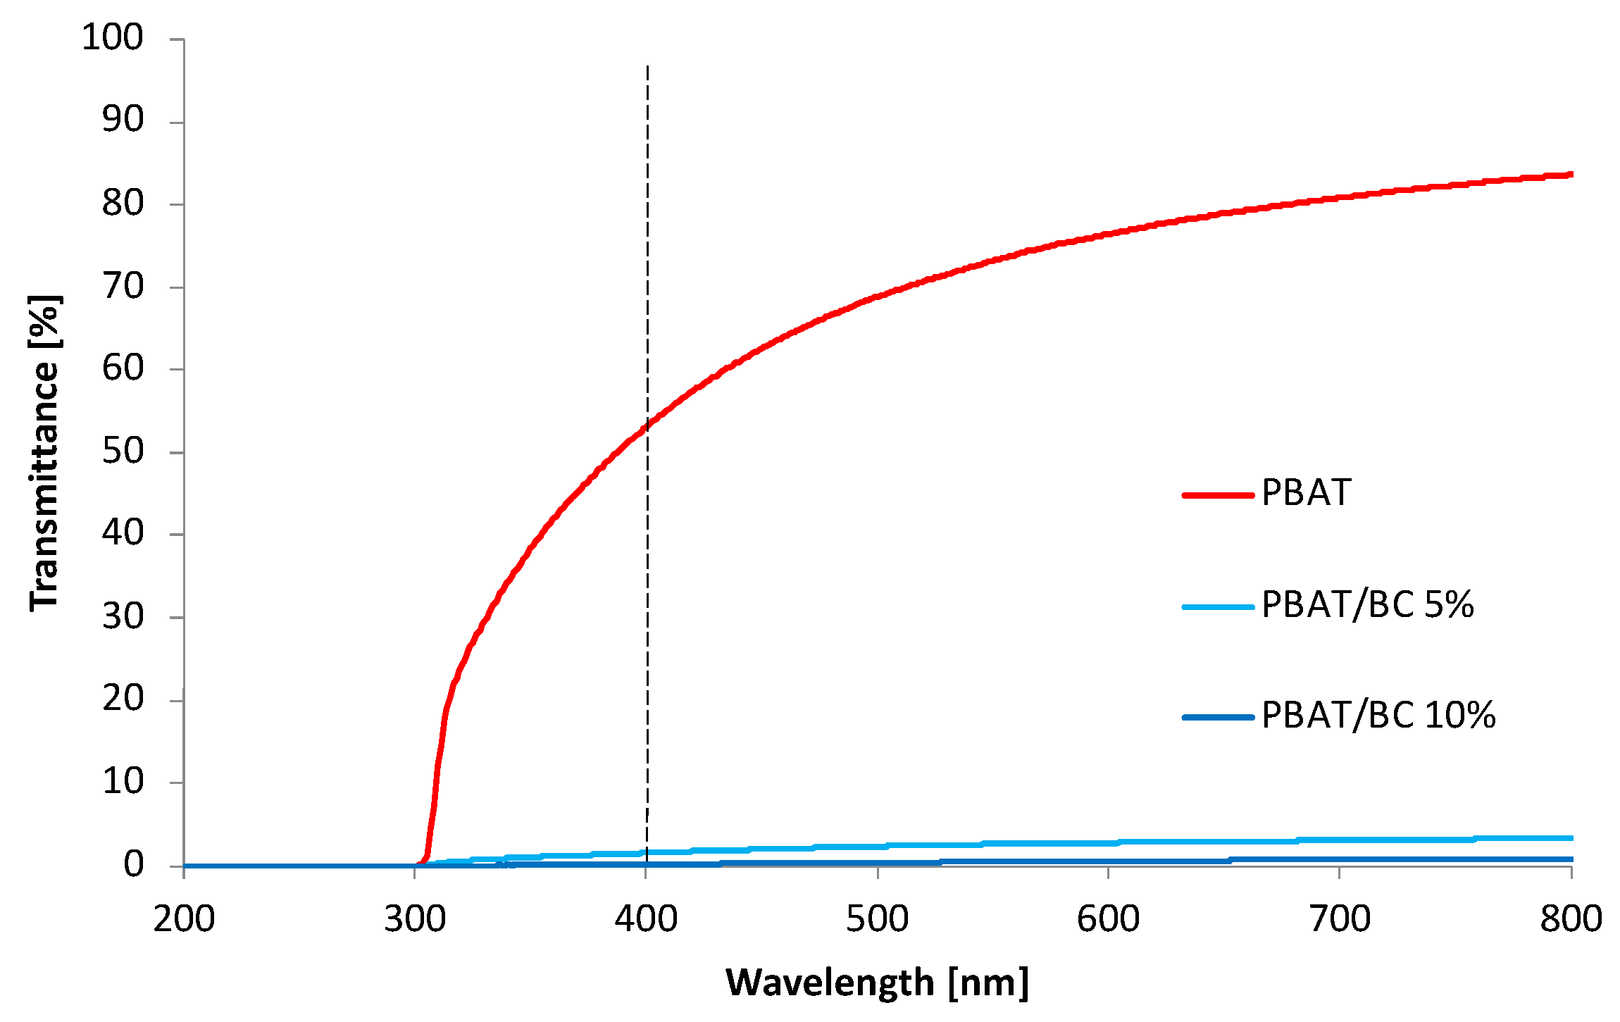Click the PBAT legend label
point(1306,492)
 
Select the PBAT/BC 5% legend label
point(1367,604)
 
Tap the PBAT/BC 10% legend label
point(1378,716)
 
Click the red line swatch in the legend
point(1218,495)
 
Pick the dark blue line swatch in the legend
point(1218,718)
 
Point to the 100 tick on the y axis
point(113,37)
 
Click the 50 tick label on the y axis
point(123,451)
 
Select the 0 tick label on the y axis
point(133,864)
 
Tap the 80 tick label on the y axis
point(123,203)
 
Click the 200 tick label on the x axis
point(184,919)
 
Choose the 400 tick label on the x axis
point(646,919)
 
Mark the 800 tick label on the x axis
point(1571,919)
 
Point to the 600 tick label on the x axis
point(1108,919)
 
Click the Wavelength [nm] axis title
point(877,983)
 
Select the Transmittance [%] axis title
point(45,452)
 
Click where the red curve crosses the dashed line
point(647,425)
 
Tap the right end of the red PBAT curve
point(1571,174)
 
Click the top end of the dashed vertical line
point(647,67)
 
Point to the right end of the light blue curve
point(1571,838)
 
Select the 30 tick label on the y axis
point(123,616)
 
